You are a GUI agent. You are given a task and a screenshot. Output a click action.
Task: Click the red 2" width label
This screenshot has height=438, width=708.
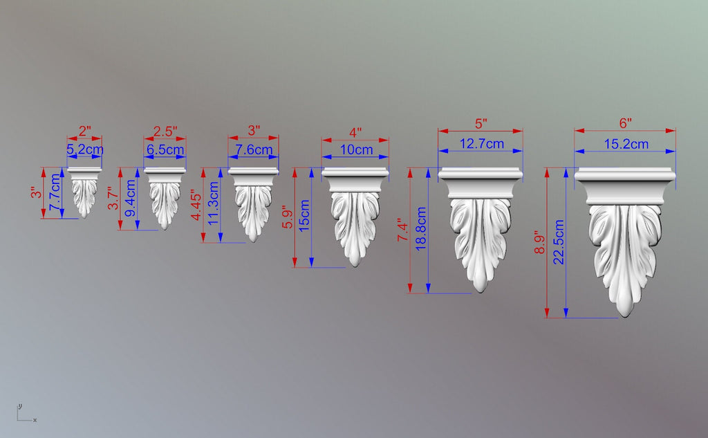pyautogui.click(x=84, y=131)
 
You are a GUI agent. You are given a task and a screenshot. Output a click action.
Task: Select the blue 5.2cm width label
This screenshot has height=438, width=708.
pyautogui.click(x=85, y=149)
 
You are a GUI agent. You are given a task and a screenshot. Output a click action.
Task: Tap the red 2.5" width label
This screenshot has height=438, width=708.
pyautogui.click(x=165, y=131)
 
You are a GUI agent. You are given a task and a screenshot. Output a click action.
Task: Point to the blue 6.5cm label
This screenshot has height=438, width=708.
pyautogui.click(x=165, y=149)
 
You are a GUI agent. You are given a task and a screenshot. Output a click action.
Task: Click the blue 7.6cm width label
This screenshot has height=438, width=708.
pyautogui.click(x=254, y=149)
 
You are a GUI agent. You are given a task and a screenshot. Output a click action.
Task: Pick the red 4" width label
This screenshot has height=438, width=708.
pyautogui.click(x=355, y=133)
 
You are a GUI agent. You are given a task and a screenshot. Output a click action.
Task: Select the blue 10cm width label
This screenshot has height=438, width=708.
pyautogui.click(x=356, y=149)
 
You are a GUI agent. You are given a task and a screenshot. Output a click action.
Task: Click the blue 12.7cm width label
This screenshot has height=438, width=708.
pyautogui.click(x=481, y=144)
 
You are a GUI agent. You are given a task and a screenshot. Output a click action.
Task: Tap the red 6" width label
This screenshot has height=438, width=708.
pyautogui.click(x=625, y=123)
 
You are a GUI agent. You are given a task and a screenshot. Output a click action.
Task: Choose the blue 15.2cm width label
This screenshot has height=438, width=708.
pyautogui.click(x=626, y=144)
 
